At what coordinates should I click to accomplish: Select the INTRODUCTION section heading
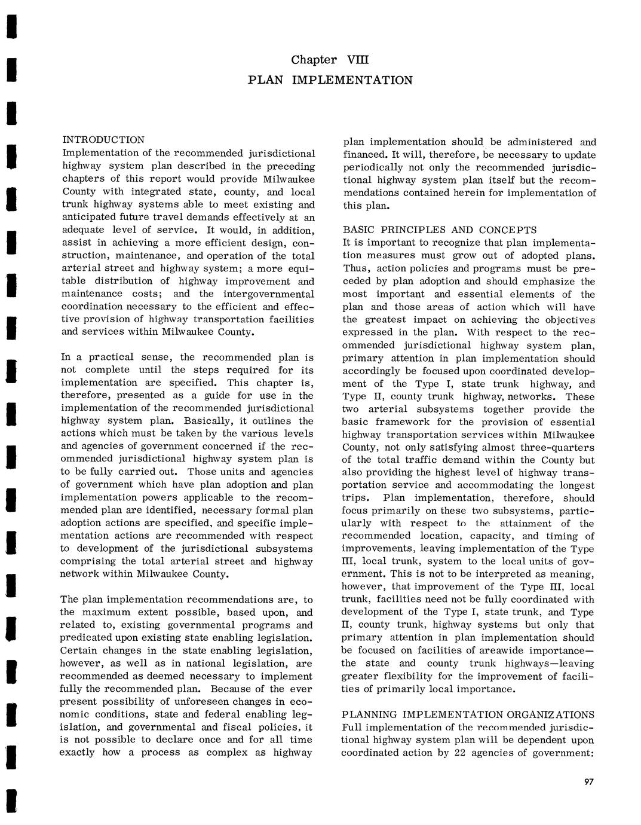103,140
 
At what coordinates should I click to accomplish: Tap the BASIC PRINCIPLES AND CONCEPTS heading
439,230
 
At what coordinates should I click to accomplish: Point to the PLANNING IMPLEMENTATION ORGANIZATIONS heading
468,715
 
